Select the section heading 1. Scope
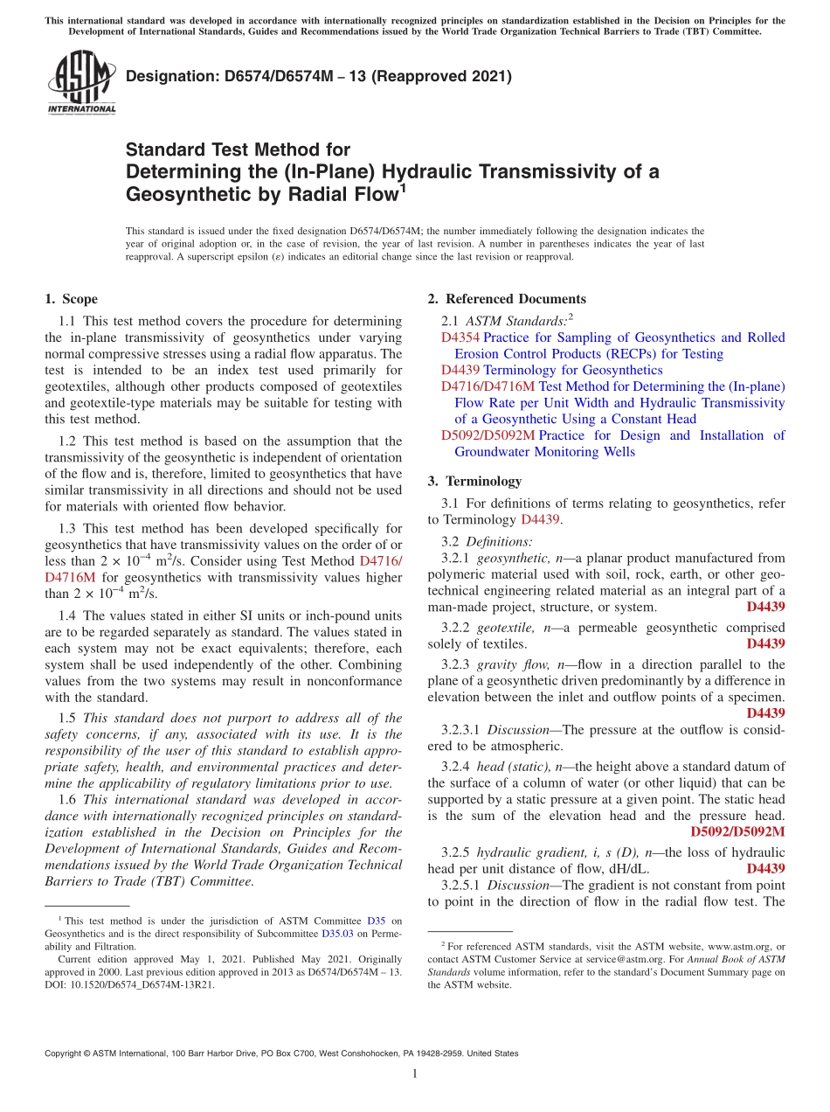point(72,299)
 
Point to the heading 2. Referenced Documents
point(507,299)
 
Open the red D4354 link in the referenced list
point(460,337)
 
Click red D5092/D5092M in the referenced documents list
point(488,435)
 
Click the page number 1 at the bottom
point(415,1074)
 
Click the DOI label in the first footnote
point(55,983)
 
